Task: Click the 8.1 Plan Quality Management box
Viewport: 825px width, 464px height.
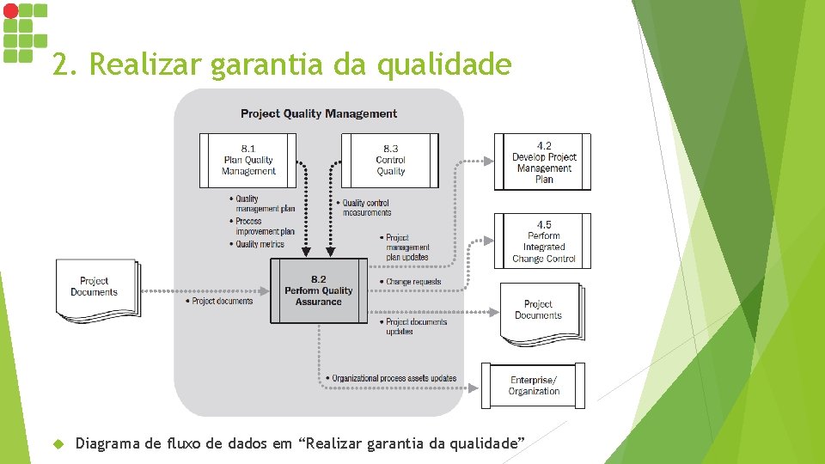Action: [x=247, y=160]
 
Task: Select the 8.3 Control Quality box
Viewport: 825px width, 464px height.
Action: [x=390, y=160]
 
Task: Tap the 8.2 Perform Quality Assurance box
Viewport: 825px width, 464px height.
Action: [x=318, y=290]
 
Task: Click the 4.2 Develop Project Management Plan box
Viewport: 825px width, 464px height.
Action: [x=543, y=162]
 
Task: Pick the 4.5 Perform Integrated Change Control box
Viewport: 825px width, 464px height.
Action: [x=543, y=241]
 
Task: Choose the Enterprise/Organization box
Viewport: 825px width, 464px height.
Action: [x=534, y=385]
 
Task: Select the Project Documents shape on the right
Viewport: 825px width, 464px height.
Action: [x=538, y=310]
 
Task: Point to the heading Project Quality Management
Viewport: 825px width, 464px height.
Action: [x=319, y=113]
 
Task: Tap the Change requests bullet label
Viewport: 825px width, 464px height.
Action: [x=412, y=282]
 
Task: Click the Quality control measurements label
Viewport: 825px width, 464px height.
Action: [x=366, y=208]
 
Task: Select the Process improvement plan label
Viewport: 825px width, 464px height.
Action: [x=266, y=226]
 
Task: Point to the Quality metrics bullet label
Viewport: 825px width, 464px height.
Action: [x=260, y=244]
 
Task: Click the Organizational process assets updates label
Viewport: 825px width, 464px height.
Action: [x=394, y=378]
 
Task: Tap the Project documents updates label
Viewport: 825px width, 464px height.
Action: [x=416, y=327]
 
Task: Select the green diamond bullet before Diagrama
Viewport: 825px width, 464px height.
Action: [x=58, y=444]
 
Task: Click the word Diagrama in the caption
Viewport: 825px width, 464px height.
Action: [x=108, y=443]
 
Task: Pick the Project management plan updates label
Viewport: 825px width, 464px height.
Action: [x=406, y=247]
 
